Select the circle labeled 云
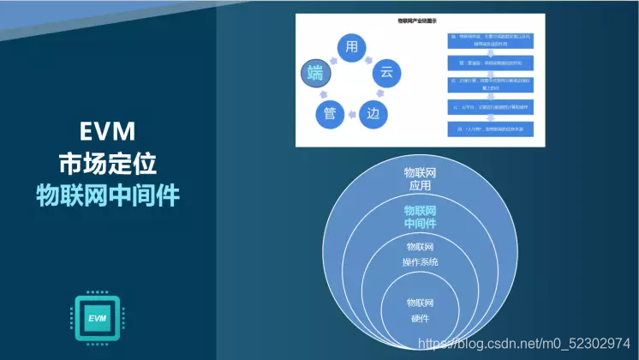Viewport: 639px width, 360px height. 386,73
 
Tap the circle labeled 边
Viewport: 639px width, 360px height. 372,113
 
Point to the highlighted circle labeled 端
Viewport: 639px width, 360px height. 314,74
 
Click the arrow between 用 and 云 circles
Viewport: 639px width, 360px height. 374,52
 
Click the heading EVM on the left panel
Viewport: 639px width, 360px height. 107,130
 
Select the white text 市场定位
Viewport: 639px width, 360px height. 107,162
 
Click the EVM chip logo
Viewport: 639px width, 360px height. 97,319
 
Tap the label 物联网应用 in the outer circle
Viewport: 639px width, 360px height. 420,178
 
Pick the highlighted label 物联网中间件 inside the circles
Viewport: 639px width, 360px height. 420,218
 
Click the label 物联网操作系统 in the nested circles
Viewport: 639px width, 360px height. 420,255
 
